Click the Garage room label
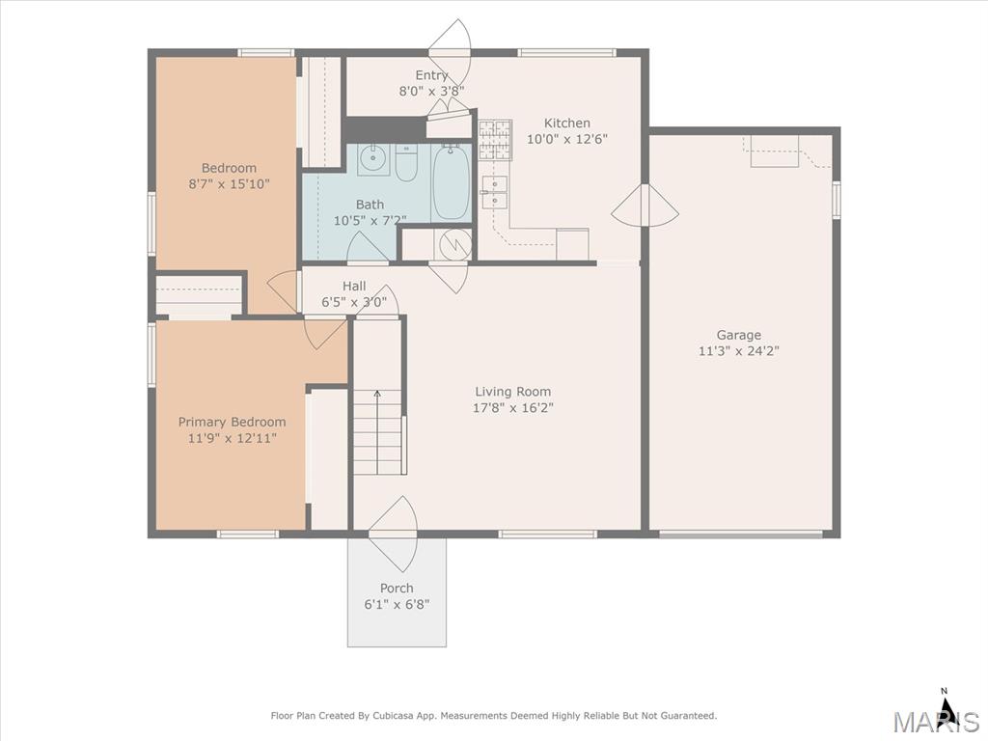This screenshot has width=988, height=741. (738, 335)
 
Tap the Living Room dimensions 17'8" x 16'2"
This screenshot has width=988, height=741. (513, 408)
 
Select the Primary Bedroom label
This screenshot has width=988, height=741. (232, 423)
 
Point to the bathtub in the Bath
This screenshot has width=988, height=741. (452, 181)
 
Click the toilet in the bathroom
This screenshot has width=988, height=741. (406, 162)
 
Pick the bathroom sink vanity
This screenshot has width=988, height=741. (373, 159)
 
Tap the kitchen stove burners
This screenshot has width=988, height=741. (495, 139)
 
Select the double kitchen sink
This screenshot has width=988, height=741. (495, 192)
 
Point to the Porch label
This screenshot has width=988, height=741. (397, 588)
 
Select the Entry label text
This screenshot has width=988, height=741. (431, 75)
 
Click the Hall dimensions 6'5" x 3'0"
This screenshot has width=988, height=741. (354, 302)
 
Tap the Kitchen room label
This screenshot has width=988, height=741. (567, 123)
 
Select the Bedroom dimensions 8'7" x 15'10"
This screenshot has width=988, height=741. (229, 184)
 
